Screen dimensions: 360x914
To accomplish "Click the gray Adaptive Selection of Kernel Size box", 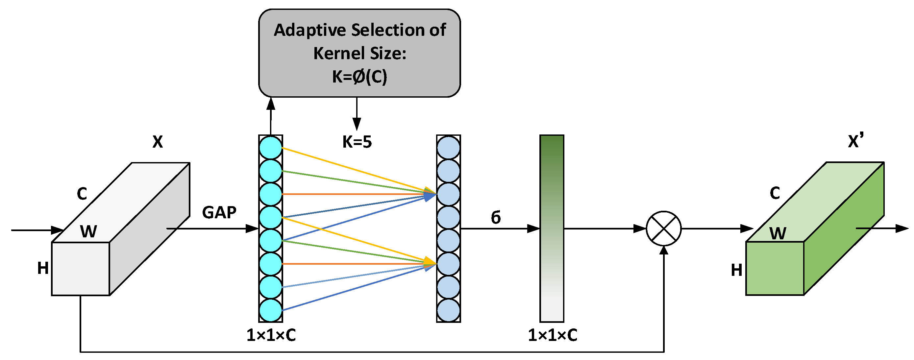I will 359,53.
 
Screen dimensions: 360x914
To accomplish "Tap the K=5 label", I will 357,142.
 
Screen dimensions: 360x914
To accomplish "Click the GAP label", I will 219,213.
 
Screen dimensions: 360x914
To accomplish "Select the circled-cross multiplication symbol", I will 663,228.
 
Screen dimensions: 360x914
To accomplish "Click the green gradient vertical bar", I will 552,228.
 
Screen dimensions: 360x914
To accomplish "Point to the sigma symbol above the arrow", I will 496,217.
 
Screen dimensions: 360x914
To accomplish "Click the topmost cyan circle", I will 271,148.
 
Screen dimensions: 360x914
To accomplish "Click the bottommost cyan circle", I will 271,310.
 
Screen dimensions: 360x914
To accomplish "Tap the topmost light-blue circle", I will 449,148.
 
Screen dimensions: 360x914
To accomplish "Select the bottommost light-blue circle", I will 449,310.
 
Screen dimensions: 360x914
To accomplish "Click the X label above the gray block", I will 158,142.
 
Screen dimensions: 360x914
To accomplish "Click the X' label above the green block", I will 855,141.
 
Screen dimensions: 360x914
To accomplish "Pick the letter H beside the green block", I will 737,270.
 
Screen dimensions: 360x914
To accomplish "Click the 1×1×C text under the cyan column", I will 271,335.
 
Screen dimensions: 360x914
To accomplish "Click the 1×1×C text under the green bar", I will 553,335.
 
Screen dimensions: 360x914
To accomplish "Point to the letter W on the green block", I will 778,233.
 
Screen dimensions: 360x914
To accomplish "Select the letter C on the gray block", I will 82,194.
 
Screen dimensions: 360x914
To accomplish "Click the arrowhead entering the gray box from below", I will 271,104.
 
